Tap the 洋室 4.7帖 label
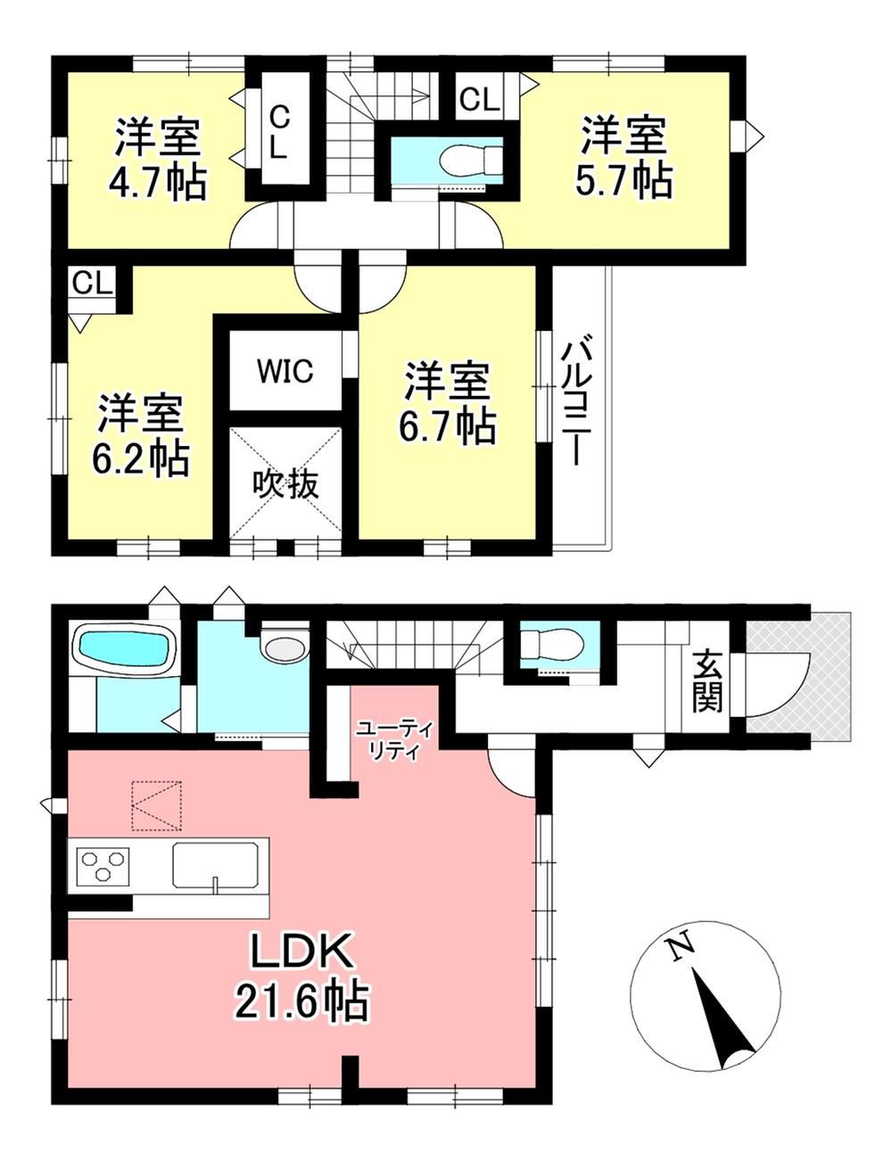pos(157,160)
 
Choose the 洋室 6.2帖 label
pos(140,436)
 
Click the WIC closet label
pos(285,371)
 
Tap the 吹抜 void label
pos(285,484)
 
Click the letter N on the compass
pos(679,949)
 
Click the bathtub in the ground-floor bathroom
pos(124,648)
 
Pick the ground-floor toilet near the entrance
pos(551,645)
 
